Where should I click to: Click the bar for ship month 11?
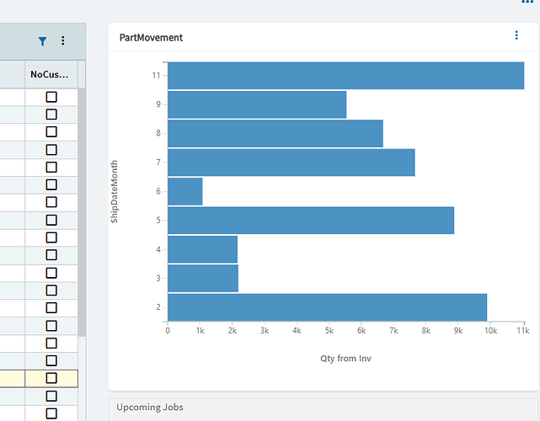tap(345, 76)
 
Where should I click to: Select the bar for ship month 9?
tap(257, 104)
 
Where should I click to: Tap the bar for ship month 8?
tap(275, 133)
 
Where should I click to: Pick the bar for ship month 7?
tap(291, 163)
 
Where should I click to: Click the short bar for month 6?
tap(185, 191)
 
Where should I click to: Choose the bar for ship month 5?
tap(311, 221)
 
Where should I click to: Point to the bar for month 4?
tap(202, 249)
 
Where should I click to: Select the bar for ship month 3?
tap(203, 278)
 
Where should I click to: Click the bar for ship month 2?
tap(327, 307)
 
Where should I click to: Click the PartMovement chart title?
tap(152, 38)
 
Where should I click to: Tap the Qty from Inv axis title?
tap(345, 359)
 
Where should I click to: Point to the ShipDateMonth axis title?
tap(115, 191)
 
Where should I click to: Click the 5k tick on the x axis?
tap(329, 332)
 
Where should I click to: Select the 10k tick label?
tap(491, 332)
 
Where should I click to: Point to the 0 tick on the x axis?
tap(168, 332)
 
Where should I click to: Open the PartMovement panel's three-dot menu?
tap(517, 35)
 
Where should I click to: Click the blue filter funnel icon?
tap(43, 40)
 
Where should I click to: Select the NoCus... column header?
tap(50, 74)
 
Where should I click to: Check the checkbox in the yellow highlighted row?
tap(51, 378)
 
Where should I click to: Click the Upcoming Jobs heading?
tap(150, 408)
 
